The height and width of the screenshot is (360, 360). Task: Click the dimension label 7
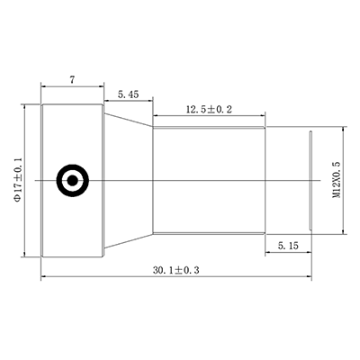pyautogui.click(x=72, y=80)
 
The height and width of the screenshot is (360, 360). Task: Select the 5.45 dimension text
pyautogui.click(x=129, y=94)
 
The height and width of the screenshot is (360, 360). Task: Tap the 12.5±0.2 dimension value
pyautogui.click(x=210, y=110)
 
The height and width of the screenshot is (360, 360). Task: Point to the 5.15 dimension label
pyautogui.click(x=288, y=246)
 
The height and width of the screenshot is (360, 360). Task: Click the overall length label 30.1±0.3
pyautogui.click(x=176, y=270)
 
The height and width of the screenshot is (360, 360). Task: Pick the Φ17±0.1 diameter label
pyautogui.click(x=19, y=179)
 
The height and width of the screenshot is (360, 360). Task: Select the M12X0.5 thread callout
pyautogui.click(x=337, y=180)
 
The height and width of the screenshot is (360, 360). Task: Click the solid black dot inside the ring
pyautogui.click(x=72, y=181)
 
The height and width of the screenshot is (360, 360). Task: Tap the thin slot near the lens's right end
pyautogui.click(x=311, y=181)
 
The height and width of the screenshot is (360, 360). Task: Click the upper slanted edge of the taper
pyautogui.click(x=129, y=120)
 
